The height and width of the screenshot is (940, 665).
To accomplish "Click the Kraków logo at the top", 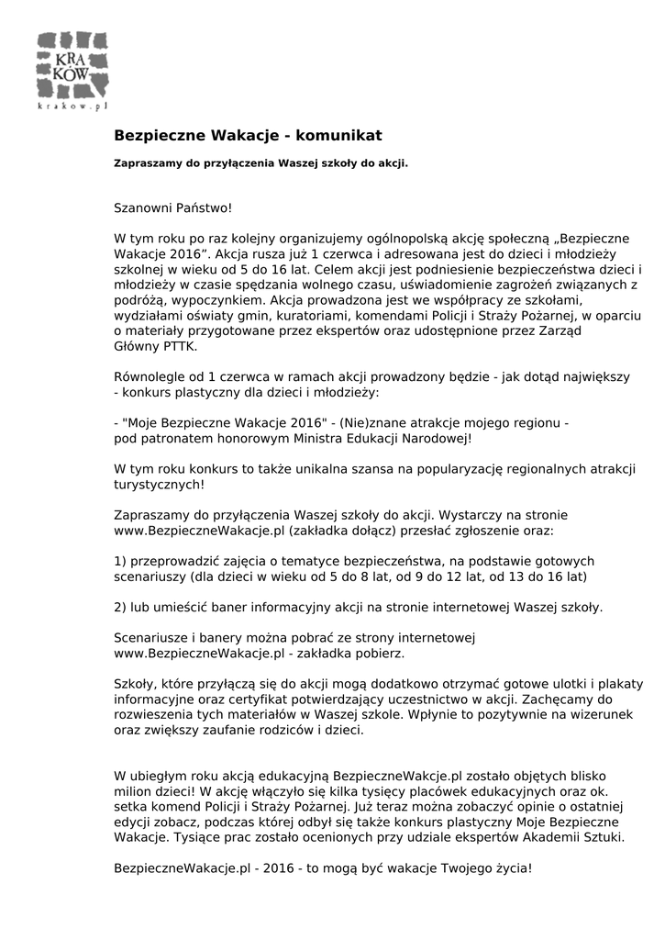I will coord(73,65).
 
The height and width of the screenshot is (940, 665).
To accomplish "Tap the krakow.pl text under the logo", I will coord(73,106).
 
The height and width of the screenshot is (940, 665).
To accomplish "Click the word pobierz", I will coord(379,653).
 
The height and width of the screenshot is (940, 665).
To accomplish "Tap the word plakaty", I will coord(618,684).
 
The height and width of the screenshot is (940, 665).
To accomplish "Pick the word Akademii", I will coord(549,837).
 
